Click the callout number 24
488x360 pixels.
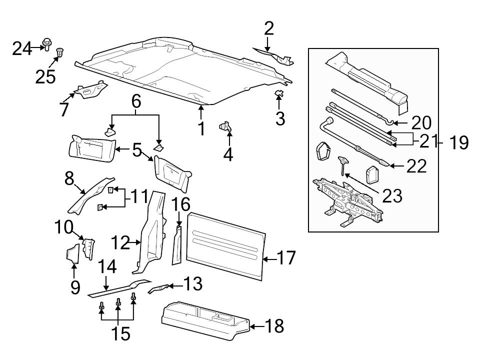click(21, 49)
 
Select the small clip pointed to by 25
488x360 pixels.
click(60, 52)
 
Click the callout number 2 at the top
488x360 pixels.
click(269, 28)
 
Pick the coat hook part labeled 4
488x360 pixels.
click(225, 127)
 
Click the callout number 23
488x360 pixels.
click(392, 195)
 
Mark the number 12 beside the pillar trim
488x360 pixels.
click(120, 243)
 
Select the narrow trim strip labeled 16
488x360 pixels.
click(177, 245)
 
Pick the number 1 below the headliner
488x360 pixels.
click(201, 128)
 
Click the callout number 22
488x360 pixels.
click(416, 166)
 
